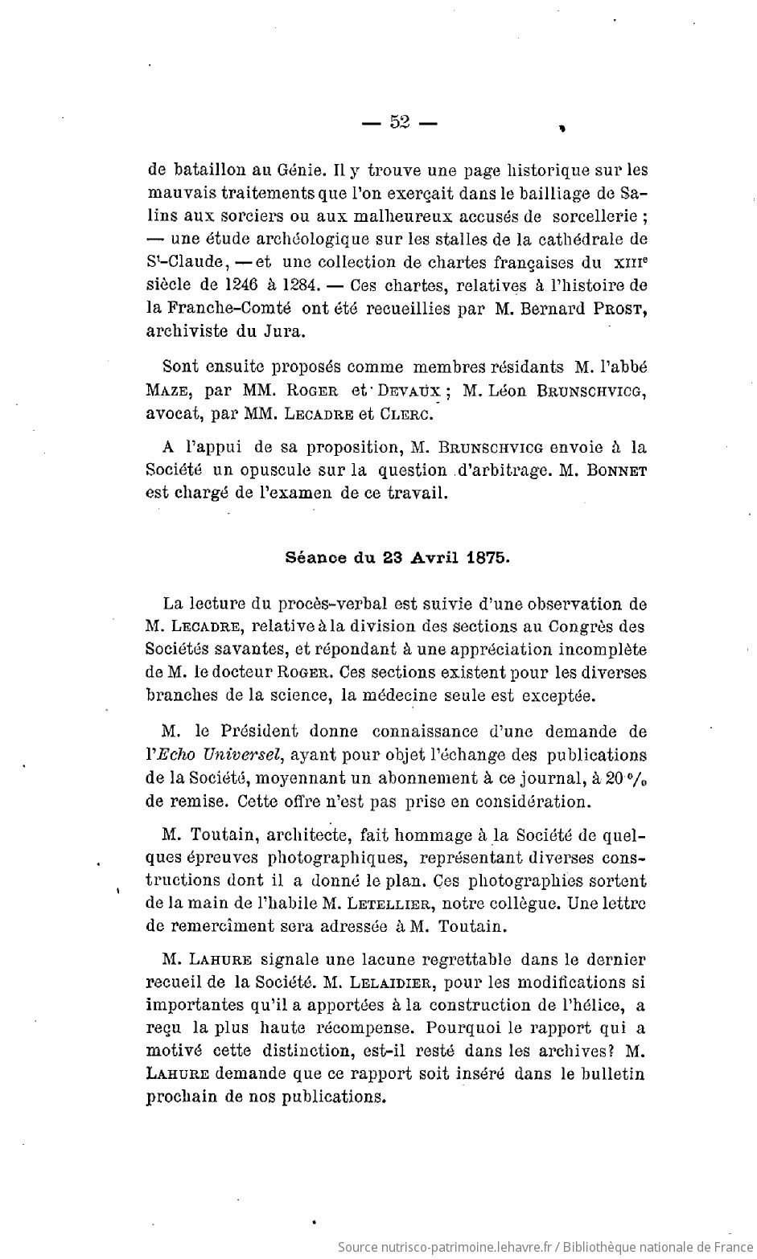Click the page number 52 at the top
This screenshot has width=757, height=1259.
click(x=400, y=122)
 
